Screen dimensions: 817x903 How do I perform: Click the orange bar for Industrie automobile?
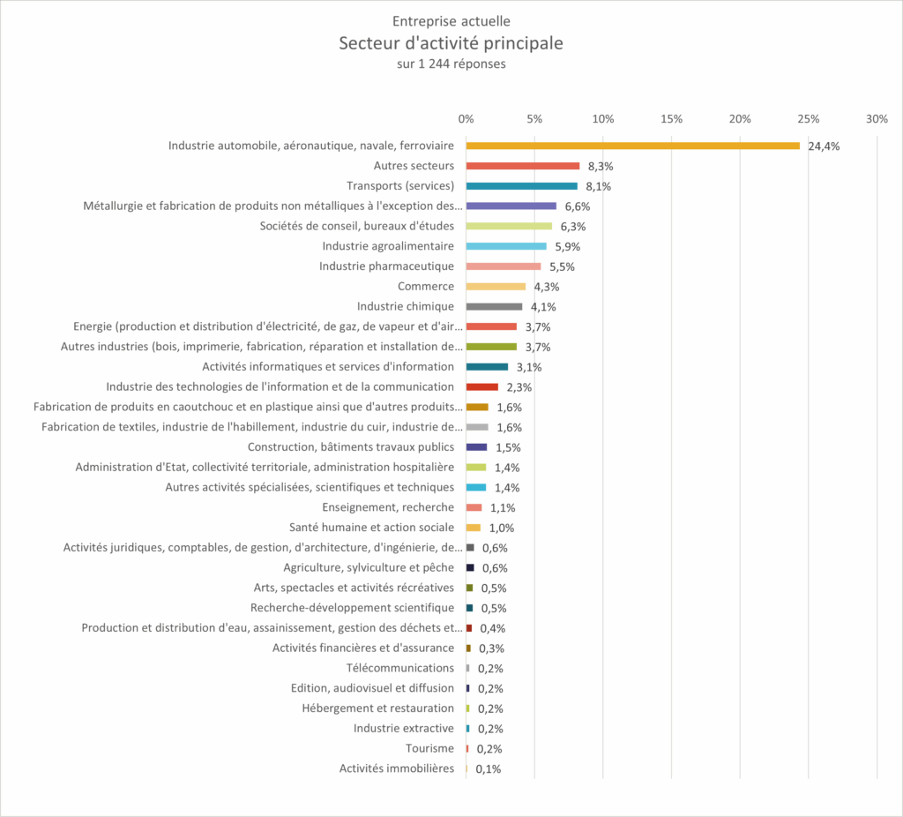coord(632,146)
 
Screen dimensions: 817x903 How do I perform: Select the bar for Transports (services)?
coord(521,186)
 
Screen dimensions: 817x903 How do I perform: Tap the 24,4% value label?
coord(824,146)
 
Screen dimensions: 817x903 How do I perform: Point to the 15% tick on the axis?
coord(671,119)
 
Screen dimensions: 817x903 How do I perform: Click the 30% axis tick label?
coord(876,119)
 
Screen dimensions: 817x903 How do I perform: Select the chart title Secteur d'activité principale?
coord(451,43)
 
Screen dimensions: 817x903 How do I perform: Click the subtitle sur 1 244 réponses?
coord(451,64)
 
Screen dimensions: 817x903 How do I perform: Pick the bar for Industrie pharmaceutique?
coord(504,266)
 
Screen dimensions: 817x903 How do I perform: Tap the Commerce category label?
coord(426,287)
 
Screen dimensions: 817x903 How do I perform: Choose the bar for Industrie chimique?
coord(494,307)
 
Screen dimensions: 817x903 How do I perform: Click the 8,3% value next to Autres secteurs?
coord(601,167)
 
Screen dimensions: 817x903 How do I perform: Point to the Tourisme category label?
coord(430,749)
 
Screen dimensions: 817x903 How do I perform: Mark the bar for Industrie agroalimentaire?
coord(506,246)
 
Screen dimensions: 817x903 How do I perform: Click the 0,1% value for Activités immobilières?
coord(489,769)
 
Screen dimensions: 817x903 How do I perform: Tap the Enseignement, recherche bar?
coord(474,507)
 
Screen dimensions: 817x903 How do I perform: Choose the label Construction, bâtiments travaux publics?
coord(351,447)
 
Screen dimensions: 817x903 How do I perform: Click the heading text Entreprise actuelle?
coord(451,21)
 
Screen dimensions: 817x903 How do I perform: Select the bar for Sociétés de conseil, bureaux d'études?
coord(509,226)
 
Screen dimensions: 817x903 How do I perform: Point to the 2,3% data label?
coord(519,387)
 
